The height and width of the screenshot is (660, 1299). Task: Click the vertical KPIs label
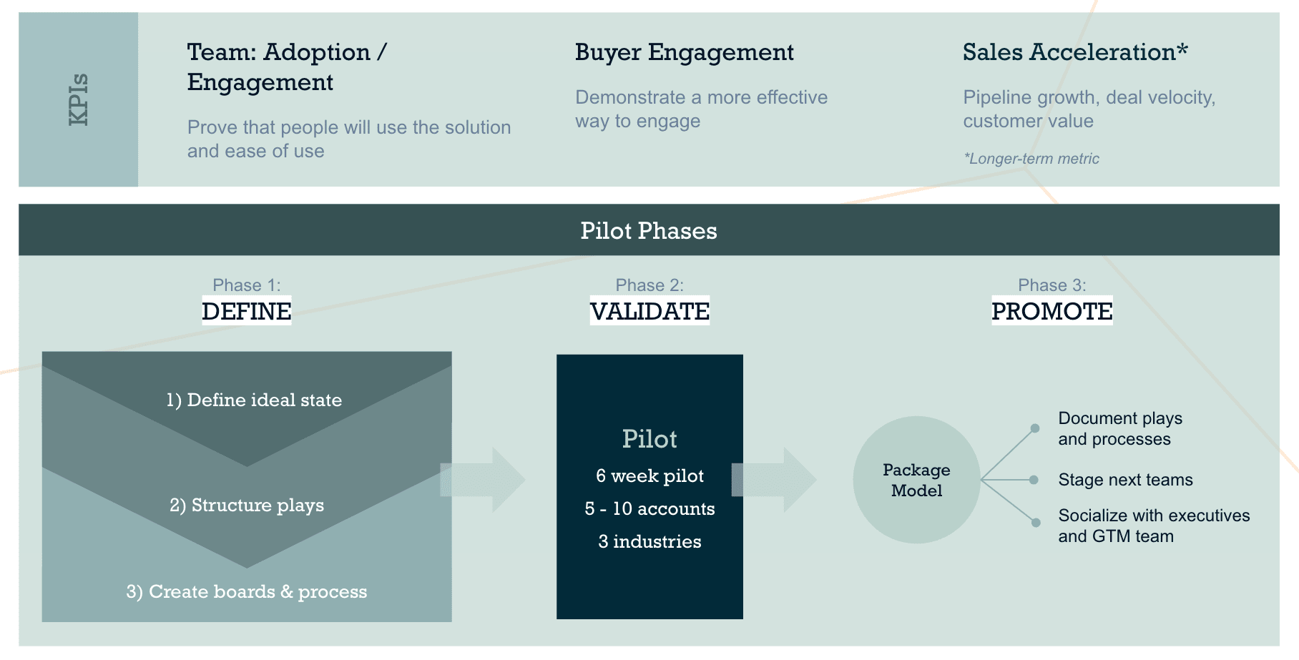pos(79,99)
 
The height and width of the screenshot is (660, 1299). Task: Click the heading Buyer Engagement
pos(684,52)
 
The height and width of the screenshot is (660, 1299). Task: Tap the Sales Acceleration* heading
pos(1074,52)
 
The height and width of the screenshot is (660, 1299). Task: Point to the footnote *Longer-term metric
pos(1031,159)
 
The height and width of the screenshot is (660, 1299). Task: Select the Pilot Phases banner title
pos(648,230)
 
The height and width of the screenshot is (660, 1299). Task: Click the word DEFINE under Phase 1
pos(246,311)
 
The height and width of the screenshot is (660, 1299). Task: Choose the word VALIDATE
pos(649,311)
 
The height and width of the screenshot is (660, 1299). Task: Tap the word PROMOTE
pos(1052,311)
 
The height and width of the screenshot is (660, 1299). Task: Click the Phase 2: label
pos(649,285)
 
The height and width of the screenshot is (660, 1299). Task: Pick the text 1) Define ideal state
pos(254,400)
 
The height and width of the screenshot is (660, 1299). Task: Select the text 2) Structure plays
pos(247,505)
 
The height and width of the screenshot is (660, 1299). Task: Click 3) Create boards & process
pos(247,591)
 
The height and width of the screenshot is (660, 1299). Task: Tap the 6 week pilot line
pos(649,476)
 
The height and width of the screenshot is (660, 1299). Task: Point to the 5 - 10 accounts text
pos(649,508)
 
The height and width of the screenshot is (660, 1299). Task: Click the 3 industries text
pos(649,541)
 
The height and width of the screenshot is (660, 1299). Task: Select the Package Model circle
pos(916,480)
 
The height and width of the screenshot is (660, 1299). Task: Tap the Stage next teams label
pos(1125,480)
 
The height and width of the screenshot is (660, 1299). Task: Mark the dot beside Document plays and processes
pos(1035,428)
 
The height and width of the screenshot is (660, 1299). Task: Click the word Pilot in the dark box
pos(649,438)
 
